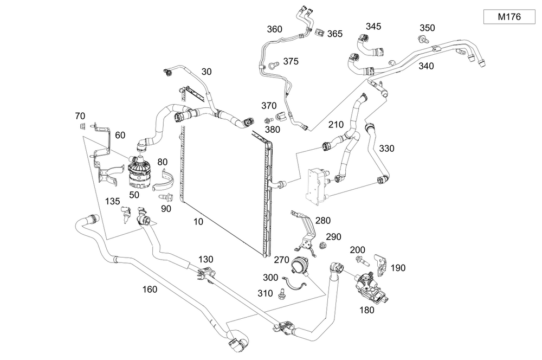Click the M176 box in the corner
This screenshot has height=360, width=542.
tap(509, 17)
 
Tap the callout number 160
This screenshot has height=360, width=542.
tap(149, 289)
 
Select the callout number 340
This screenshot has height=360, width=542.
tap(426, 66)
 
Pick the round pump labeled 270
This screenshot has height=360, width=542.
tap(300, 266)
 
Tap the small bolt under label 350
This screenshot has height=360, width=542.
tap(422, 38)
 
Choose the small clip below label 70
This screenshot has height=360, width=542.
tap(82, 126)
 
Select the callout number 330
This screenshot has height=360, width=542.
tap(387, 148)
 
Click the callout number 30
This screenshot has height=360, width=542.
tap(207, 72)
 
